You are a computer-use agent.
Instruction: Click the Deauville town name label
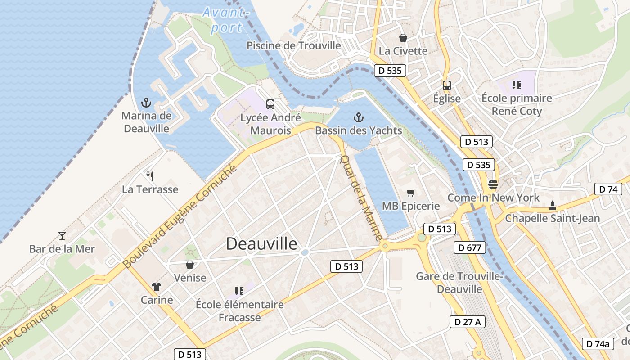[261, 243]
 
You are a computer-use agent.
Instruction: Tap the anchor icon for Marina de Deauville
[146, 103]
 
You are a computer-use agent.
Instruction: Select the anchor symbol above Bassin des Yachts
[358, 118]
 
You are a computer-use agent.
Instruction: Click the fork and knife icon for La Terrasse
[150, 176]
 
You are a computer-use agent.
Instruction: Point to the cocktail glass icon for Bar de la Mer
[62, 235]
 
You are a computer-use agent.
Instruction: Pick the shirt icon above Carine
[156, 287]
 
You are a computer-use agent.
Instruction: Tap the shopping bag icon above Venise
[190, 264]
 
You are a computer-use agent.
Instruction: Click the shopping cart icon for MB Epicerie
[410, 193]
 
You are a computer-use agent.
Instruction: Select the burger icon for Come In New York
[493, 184]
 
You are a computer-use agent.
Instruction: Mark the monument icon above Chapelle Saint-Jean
[552, 206]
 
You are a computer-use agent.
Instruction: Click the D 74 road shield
[608, 189]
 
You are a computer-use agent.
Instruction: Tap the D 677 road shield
[470, 247]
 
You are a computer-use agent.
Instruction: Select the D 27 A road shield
[468, 321]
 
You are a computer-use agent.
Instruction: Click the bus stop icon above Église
[446, 85]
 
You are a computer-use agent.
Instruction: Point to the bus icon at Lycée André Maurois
[270, 104]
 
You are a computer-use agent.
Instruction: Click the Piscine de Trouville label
[294, 45]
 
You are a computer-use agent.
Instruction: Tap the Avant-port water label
[226, 20]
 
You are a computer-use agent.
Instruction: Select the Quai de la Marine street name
[361, 198]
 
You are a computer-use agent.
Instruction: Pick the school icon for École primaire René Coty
[516, 85]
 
